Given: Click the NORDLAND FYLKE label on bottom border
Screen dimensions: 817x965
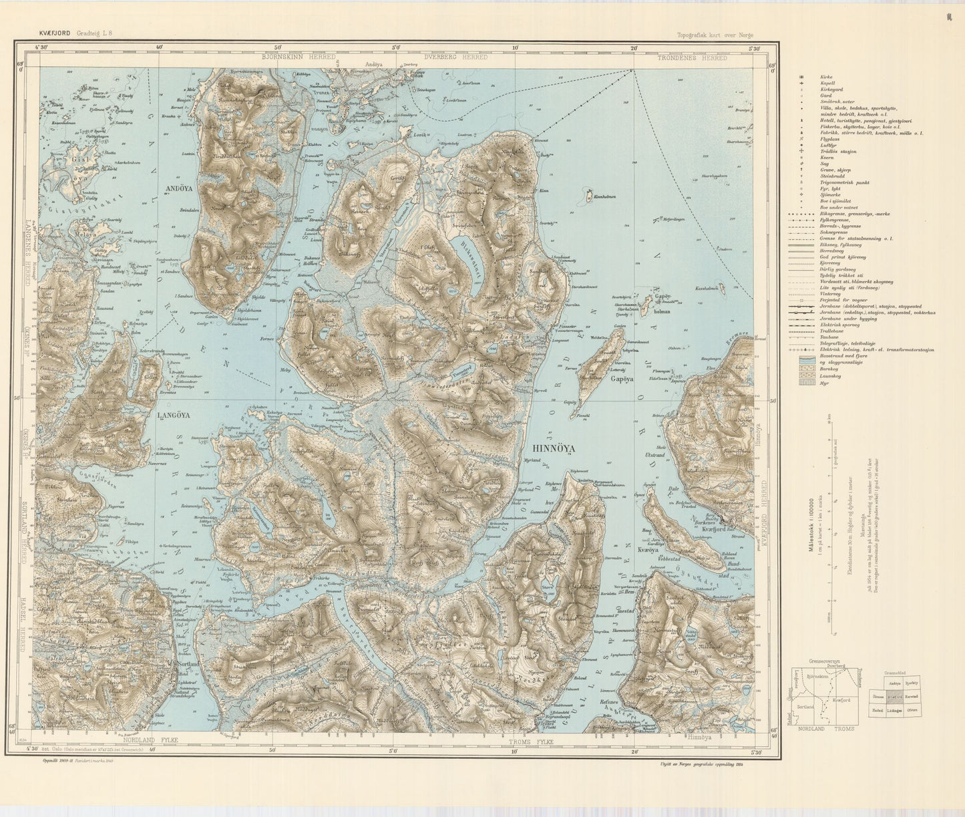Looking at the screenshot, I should pyautogui.click(x=148, y=742).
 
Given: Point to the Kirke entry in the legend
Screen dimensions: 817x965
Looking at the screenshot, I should pyautogui.click(x=826, y=77).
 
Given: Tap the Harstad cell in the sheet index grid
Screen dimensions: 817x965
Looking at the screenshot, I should pyautogui.click(x=912, y=696).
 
